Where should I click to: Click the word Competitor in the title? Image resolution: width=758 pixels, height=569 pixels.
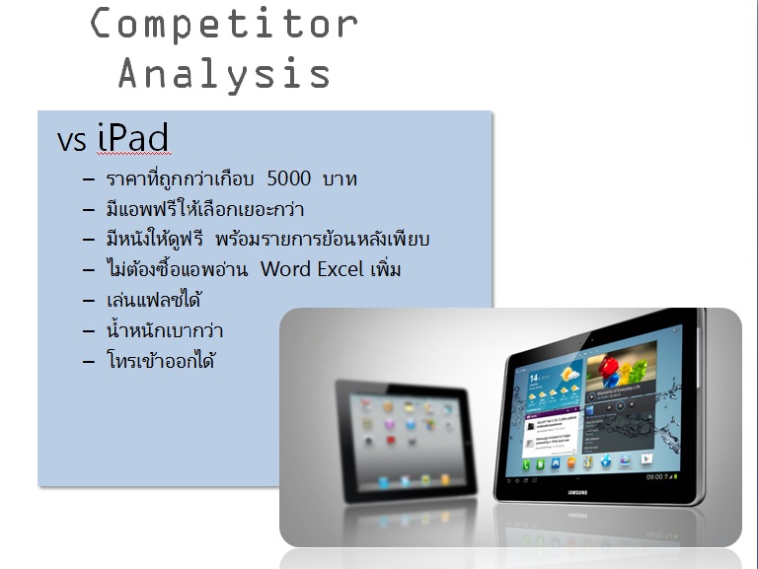pyautogui.click(x=224, y=24)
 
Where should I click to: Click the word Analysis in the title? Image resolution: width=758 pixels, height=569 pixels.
pyautogui.click(x=224, y=74)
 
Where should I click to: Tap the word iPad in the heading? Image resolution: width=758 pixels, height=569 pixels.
pyautogui.click(x=133, y=138)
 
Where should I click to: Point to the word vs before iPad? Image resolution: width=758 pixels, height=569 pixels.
pyautogui.click(x=71, y=141)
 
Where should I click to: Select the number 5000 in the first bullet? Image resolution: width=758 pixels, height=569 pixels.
pyautogui.click(x=289, y=178)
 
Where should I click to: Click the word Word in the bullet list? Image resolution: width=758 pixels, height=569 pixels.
pyautogui.click(x=284, y=269)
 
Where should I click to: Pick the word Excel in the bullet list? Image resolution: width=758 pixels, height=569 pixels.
pyautogui.click(x=341, y=269)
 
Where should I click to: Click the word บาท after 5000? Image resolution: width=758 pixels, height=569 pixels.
pyautogui.click(x=340, y=179)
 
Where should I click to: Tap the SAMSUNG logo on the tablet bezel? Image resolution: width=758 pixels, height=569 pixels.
pyautogui.click(x=577, y=492)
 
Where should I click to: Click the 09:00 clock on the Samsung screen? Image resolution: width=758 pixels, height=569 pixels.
pyautogui.click(x=654, y=476)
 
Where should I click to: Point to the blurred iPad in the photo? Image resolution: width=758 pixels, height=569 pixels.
pyautogui.click(x=405, y=441)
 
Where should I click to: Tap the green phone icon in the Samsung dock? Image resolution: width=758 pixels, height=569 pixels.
pyautogui.click(x=526, y=465)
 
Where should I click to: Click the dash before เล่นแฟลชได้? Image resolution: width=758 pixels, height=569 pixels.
pyautogui.click(x=89, y=301)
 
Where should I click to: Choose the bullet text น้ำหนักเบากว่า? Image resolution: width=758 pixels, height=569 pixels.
pyautogui.click(x=165, y=330)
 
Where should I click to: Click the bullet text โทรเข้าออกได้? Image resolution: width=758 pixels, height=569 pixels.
pyautogui.click(x=161, y=360)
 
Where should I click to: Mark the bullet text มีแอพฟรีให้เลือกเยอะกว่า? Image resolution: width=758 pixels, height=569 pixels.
pyautogui.click(x=205, y=209)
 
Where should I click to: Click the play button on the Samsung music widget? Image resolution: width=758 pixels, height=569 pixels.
pyautogui.click(x=591, y=397)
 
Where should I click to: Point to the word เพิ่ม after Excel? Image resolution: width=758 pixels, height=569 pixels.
pyautogui.click(x=386, y=268)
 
